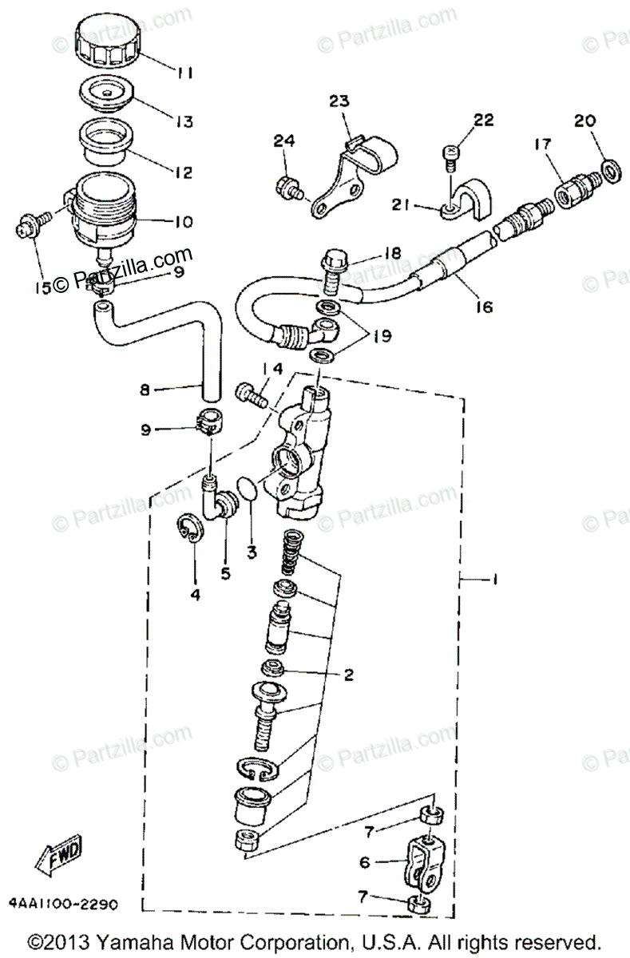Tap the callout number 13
(x=184, y=122)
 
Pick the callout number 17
(x=542, y=144)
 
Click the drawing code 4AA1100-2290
(x=64, y=905)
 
